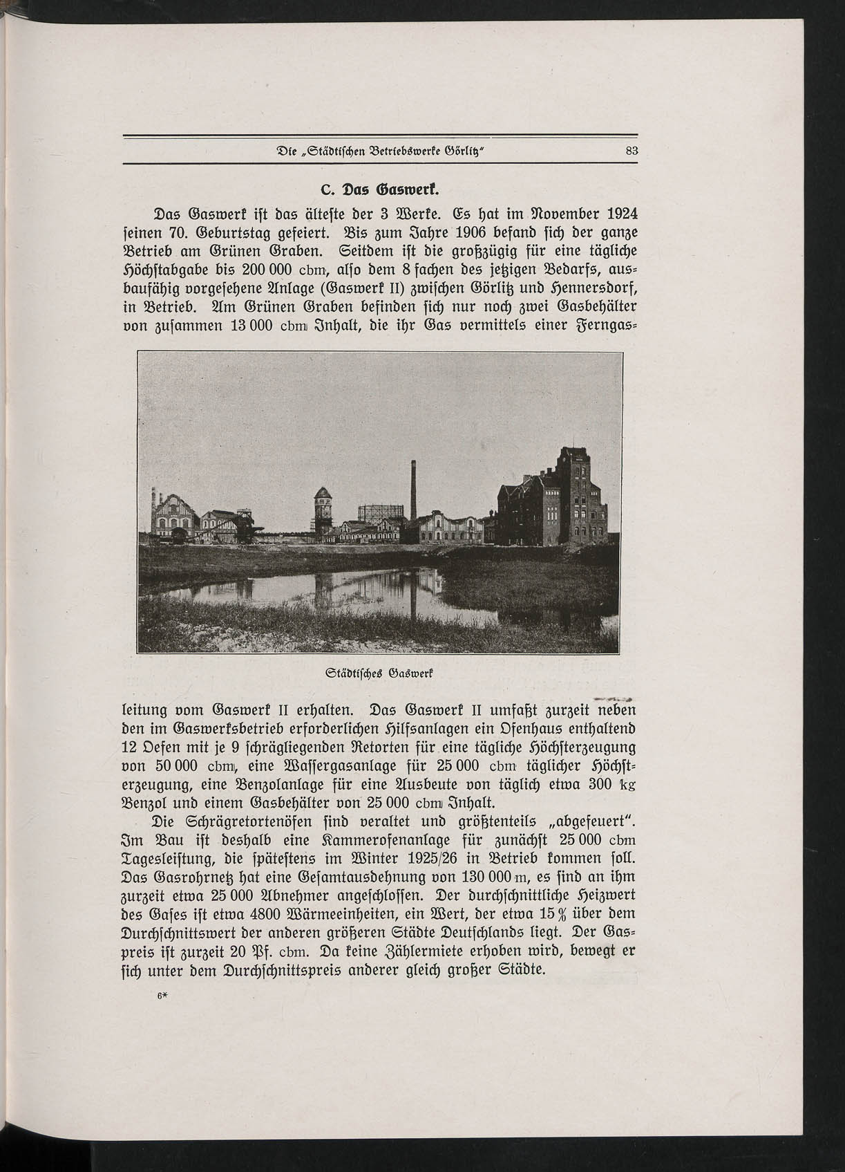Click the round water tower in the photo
pos(322,508)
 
